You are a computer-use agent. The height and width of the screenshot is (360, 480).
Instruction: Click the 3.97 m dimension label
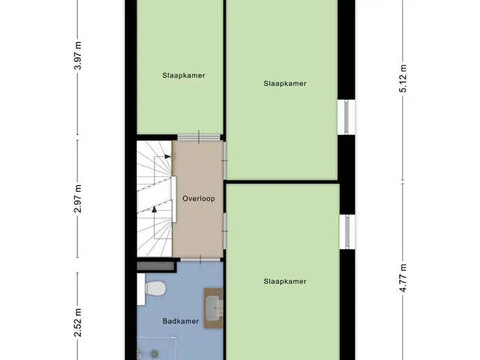[78, 55]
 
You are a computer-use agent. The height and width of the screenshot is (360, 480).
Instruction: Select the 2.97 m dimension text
[78, 199]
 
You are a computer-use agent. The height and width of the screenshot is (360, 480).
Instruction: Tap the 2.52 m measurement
[78, 322]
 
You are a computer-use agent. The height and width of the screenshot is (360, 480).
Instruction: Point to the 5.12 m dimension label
[403, 78]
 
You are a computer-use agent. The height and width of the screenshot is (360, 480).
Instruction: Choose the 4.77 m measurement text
[403, 277]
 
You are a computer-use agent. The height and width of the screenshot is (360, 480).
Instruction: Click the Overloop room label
[199, 199]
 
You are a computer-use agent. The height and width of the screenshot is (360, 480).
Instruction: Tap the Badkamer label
[181, 321]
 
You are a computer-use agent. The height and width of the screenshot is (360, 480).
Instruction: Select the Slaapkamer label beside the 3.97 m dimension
[184, 75]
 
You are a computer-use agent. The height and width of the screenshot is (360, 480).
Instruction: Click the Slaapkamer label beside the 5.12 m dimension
[285, 83]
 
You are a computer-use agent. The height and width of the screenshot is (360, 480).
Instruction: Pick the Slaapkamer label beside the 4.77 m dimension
[285, 281]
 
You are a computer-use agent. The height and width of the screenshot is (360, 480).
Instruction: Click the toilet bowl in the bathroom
[156, 288]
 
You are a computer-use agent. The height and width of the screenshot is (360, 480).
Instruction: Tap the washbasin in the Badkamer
[213, 307]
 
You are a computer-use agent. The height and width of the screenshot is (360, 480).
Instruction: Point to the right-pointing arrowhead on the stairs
[168, 157]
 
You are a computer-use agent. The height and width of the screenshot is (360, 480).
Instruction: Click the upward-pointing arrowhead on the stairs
[154, 209]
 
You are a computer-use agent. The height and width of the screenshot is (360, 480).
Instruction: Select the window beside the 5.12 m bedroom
[346, 117]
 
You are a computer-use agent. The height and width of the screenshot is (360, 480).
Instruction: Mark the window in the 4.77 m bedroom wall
[347, 232]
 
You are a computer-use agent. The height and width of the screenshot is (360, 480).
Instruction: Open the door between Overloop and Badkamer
[200, 259]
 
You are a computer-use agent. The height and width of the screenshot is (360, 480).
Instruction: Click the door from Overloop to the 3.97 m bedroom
[199, 137]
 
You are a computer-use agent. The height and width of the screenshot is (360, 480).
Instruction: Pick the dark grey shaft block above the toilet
[157, 266]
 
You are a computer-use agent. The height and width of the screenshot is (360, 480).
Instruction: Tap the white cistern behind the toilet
[141, 289]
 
